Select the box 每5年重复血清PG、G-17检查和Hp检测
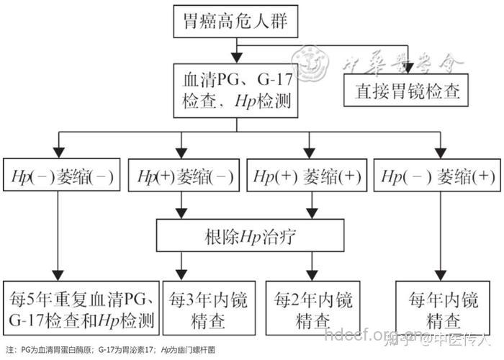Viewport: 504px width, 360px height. click(x=81, y=307)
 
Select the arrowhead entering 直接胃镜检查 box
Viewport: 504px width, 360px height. click(x=408, y=67)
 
